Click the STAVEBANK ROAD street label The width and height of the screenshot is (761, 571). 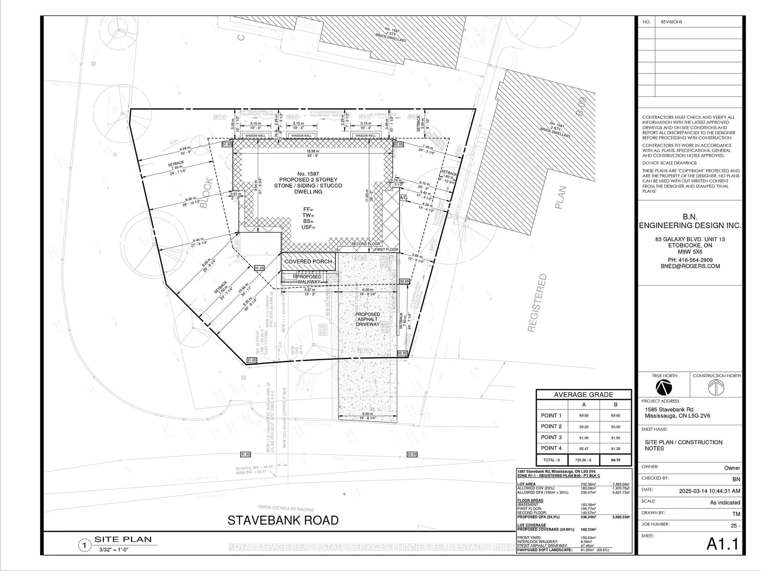pos(283,520)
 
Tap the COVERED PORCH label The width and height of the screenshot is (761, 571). pos(308,262)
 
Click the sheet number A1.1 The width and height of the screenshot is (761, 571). pos(723,544)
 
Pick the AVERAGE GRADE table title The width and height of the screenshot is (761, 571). pos(583,394)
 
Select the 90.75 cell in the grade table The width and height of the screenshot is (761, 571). pos(616,460)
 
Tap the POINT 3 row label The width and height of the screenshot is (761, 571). pos(551,437)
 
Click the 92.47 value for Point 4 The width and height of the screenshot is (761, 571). pos(584,448)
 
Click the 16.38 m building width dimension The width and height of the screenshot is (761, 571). pos(313,151)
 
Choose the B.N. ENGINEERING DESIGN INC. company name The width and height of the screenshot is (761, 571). pos(690,221)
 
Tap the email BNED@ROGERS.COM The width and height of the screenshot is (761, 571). pos(690,266)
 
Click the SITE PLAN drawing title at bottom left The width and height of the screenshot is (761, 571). pos(123,539)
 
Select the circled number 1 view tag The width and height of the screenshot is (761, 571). pos(84,545)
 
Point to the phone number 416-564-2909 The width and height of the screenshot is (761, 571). pos(690,260)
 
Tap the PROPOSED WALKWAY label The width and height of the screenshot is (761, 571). pos(309,279)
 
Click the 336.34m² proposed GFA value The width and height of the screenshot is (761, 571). pos(589,517)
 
